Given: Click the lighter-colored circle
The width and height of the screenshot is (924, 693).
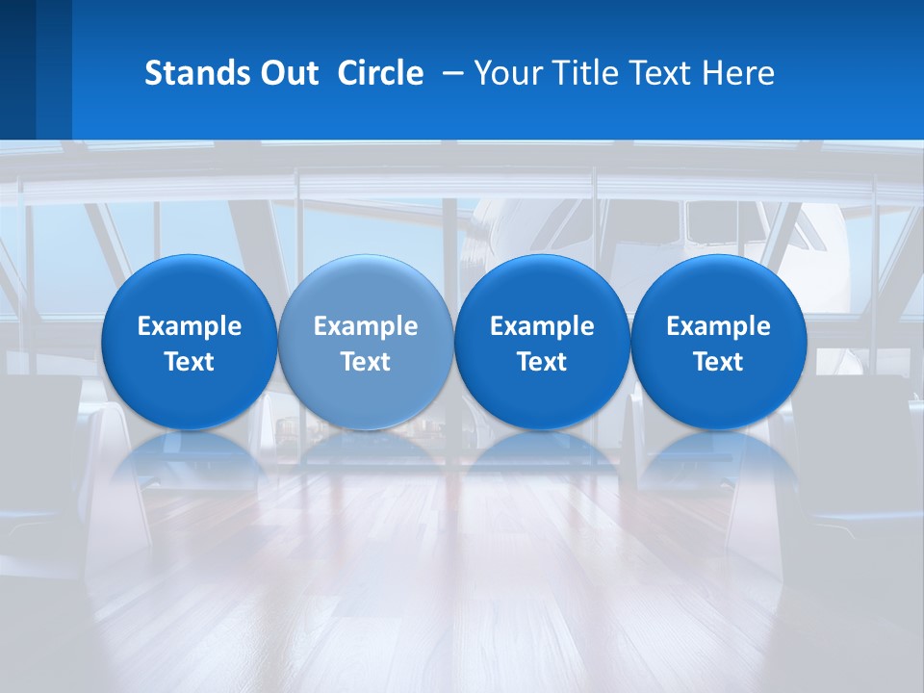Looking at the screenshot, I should pos(366,342).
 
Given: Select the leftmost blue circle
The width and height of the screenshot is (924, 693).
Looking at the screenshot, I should pos(189,342).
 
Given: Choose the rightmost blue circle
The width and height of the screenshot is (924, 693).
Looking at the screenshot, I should pos(719,342).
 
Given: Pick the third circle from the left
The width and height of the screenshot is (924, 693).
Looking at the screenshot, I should pos(542,342).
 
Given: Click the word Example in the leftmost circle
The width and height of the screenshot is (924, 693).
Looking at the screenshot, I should pos(189,326).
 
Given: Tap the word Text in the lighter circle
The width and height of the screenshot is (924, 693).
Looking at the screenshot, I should pos(366,362).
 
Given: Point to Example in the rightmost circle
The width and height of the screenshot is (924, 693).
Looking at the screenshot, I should pos(719,326).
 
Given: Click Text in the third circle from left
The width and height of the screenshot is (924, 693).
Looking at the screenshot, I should pos(542,362).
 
